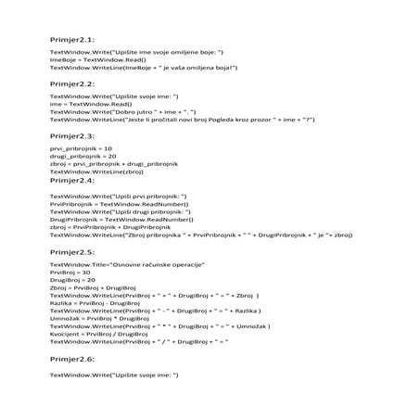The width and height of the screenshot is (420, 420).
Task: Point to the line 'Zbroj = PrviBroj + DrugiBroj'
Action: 93,287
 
